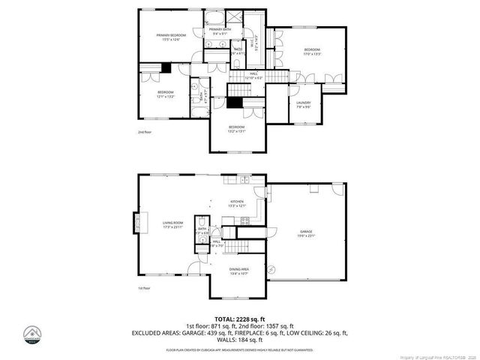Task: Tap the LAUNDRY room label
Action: tap(304, 104)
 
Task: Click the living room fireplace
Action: tap(137, 223)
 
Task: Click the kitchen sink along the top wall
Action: tap(245, 180)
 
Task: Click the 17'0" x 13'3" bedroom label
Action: tap(312, 52)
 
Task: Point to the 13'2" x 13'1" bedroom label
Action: tap(237, 129)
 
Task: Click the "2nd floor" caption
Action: tap(145, 132)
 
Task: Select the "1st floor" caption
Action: tap(145, 288)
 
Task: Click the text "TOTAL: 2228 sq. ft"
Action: tap(239, 319)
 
